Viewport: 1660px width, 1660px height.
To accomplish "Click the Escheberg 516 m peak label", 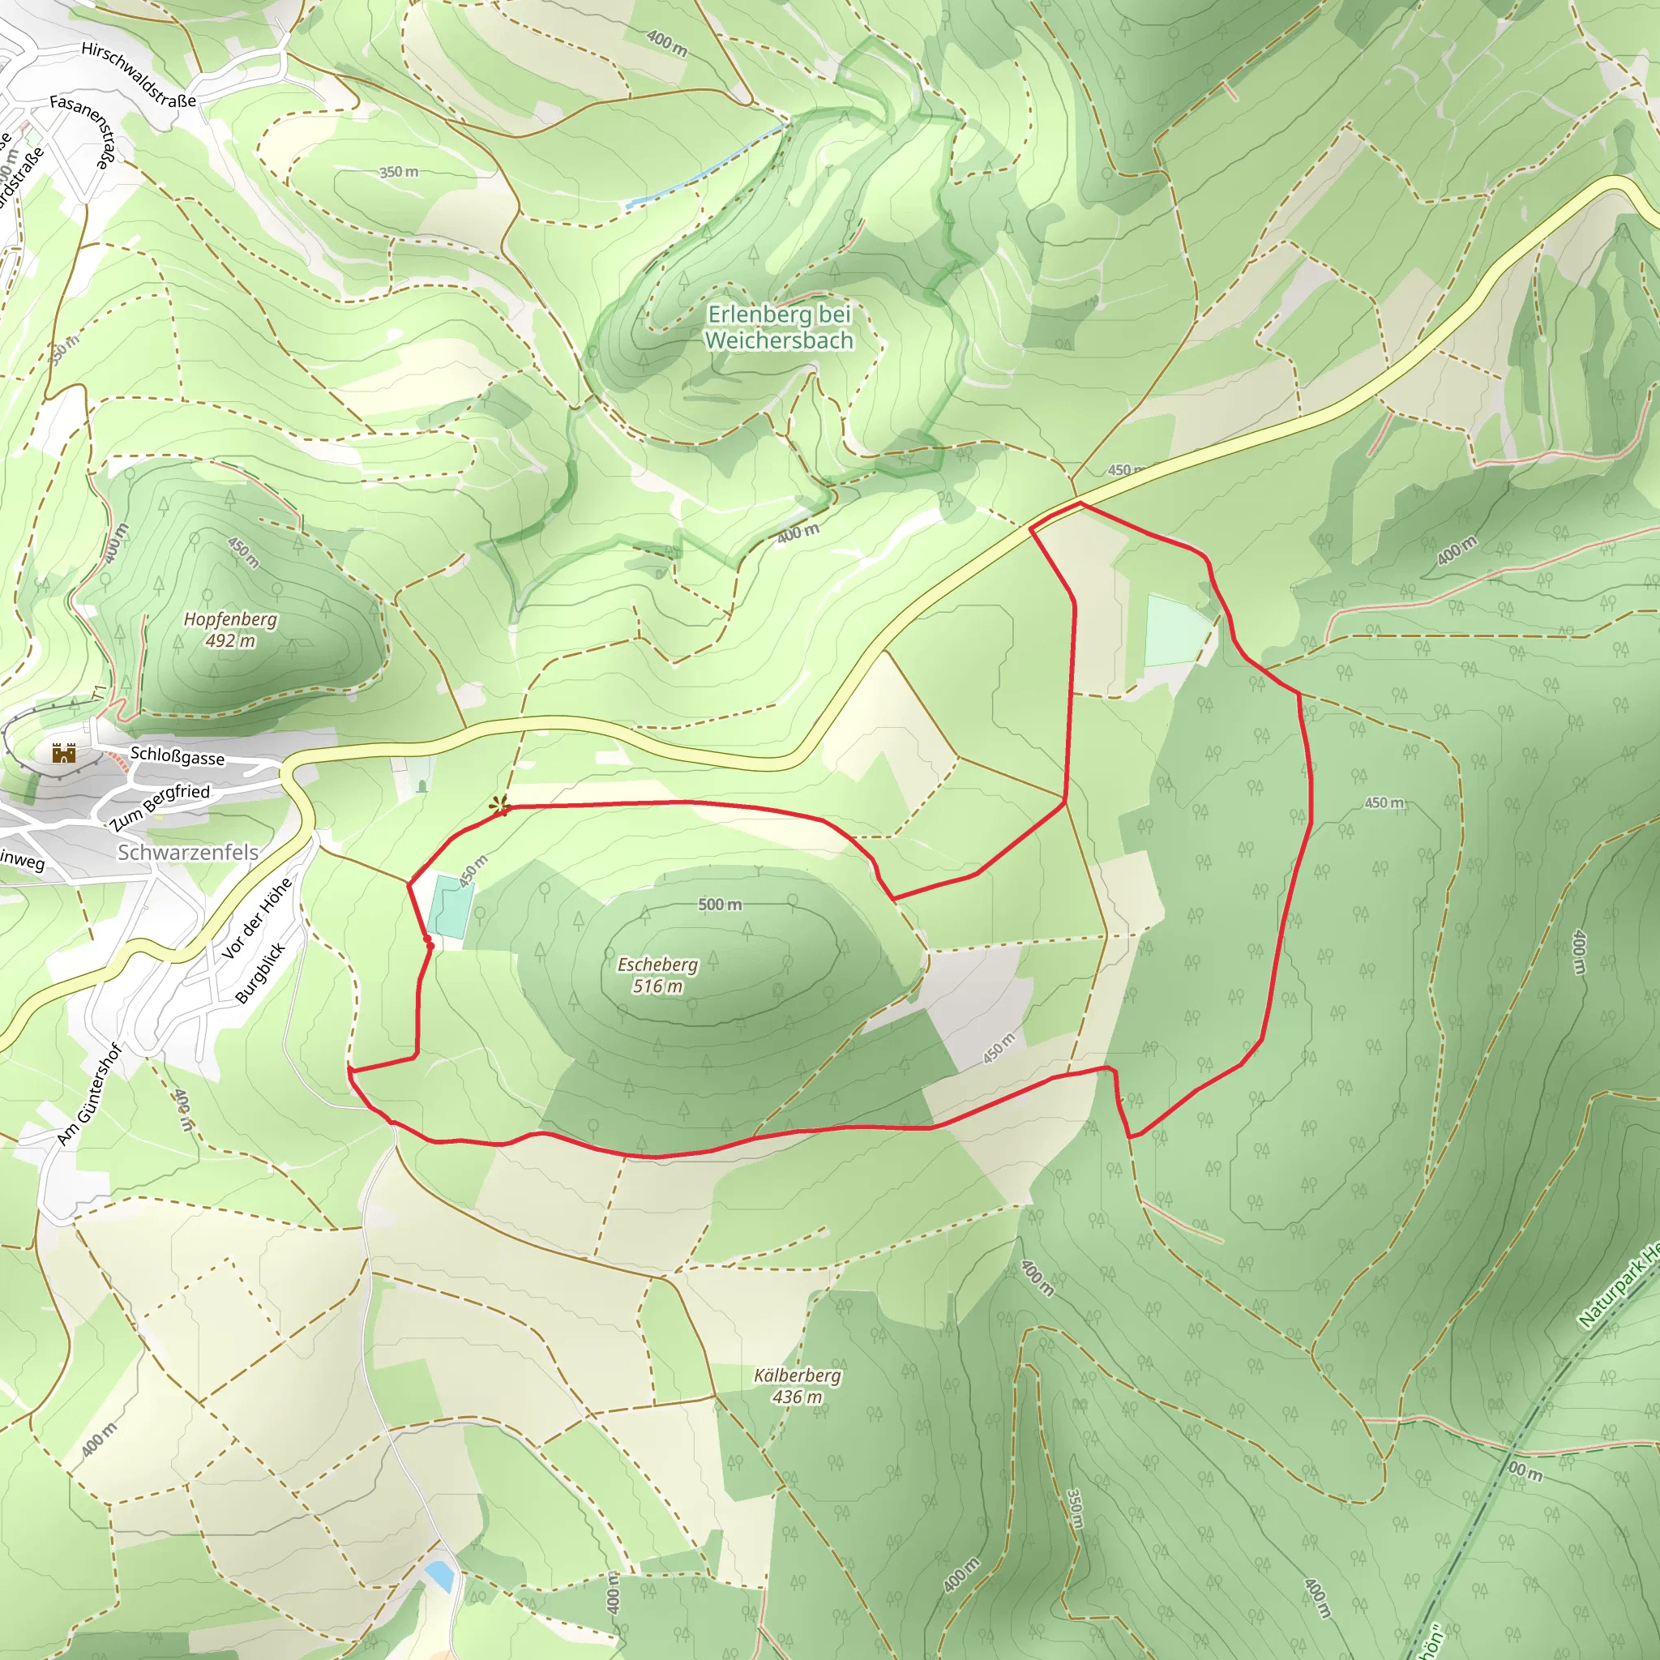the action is (x=657, y=975).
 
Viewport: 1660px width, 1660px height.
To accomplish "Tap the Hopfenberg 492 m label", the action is (x=230, y=630).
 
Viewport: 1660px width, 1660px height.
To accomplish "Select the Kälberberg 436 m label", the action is (x=798, y=1386).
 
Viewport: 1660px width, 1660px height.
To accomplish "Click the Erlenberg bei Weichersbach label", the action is (x=779, y=327).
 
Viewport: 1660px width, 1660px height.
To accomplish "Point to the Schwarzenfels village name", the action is (x=187, y=853).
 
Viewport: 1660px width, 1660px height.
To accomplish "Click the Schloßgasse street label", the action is (x=177, y=757).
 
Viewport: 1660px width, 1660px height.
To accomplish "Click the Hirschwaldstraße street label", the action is (x=139, y=75).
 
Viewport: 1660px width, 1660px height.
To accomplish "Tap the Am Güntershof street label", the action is (x=90, y=1093).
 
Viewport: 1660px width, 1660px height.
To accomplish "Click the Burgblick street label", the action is (x=259, y=973).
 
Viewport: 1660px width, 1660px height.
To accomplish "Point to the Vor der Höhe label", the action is (x=256, y=918).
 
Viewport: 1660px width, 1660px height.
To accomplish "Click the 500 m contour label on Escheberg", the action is (x=719, y=904).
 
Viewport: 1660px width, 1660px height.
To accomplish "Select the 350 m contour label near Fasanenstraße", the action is (x=399, y=172).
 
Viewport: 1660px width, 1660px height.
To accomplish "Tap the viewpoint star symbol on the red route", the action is (x=498, y=806).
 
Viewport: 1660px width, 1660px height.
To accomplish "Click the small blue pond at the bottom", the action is (x=439, y=1575).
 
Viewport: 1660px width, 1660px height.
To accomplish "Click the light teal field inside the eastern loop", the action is (x=1177, y=631).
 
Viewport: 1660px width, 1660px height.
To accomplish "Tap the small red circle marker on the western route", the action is (x=430, y=946).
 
